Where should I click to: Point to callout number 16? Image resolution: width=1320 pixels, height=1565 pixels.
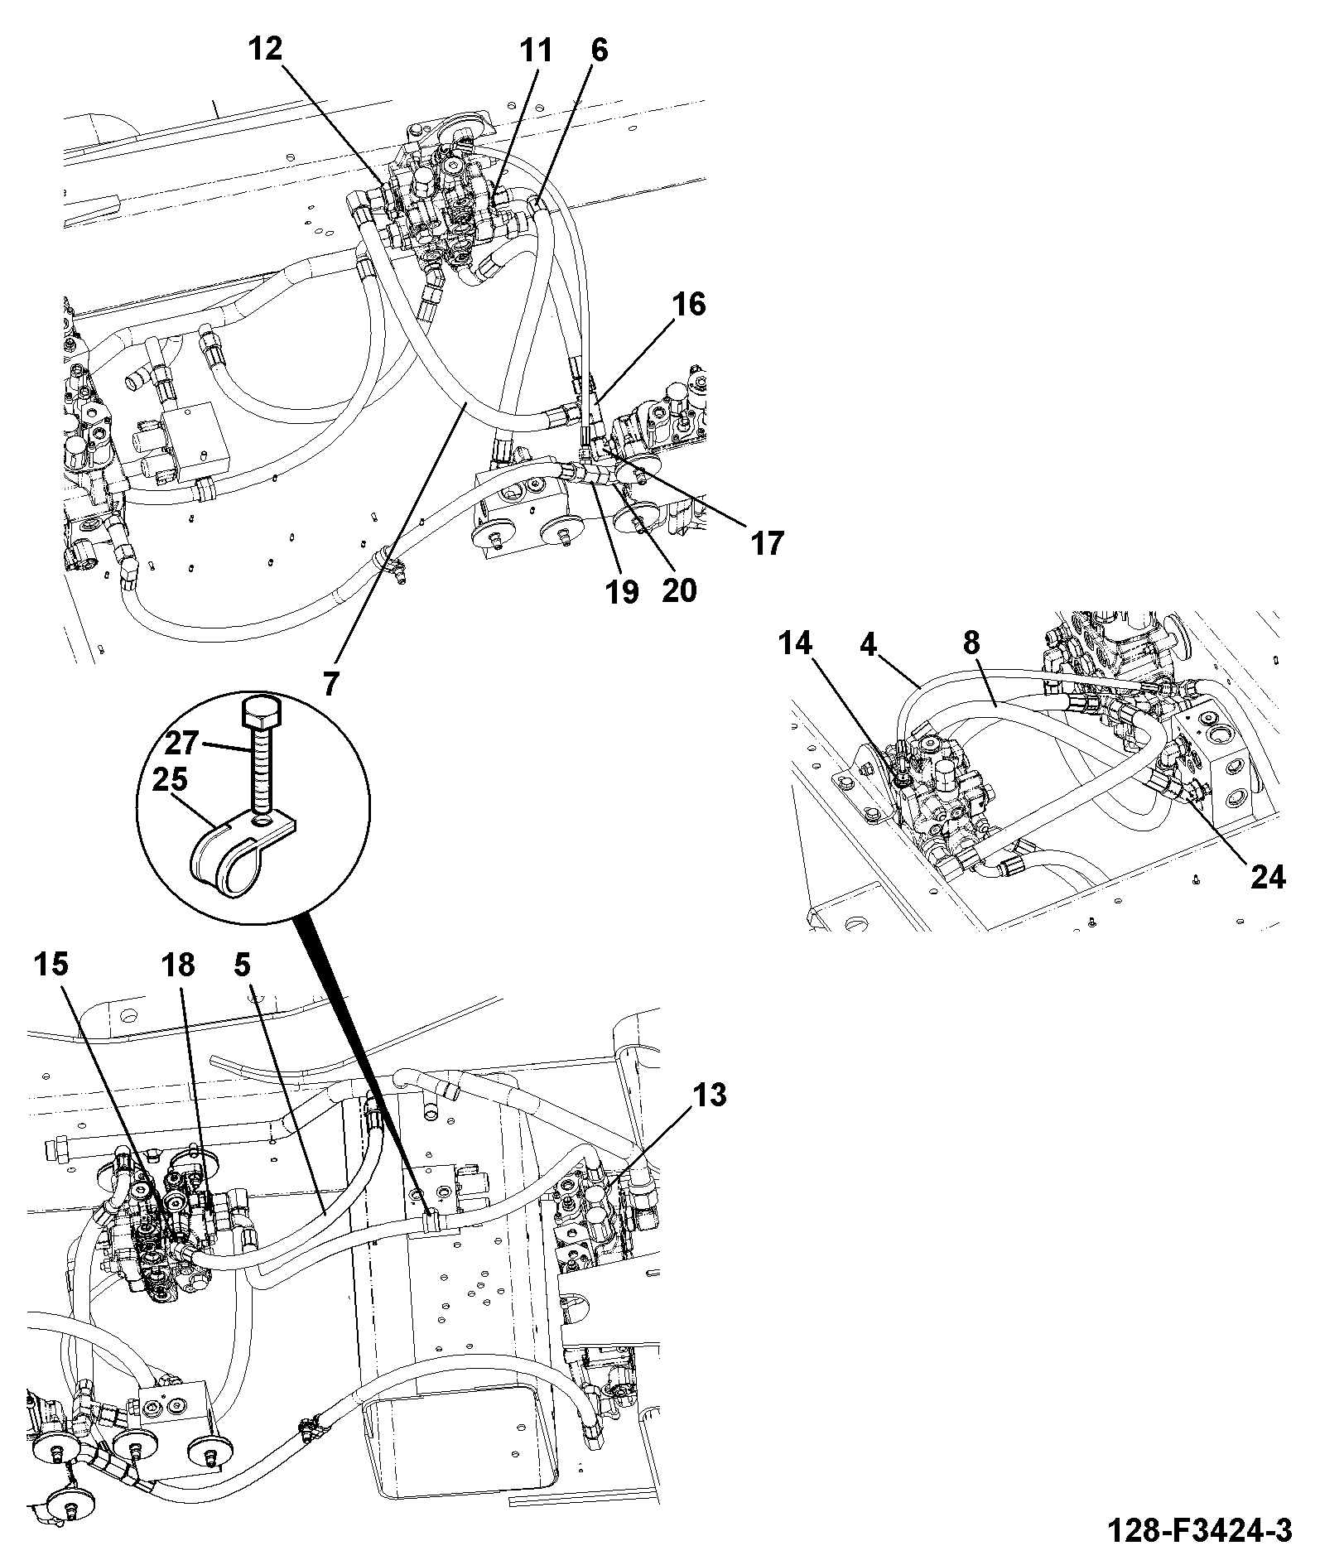pyautogui.click(x=688, y=305)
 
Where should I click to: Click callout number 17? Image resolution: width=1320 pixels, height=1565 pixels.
pyautogui.click(x=767, y=543)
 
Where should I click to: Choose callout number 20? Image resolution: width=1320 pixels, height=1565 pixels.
pyautogui.click(x=679, y=590)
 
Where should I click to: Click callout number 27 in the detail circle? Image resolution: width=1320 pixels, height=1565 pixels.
pyautogui.click(x=182, y=743)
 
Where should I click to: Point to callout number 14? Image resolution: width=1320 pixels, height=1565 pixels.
pyautogui.click(x=795, y=643)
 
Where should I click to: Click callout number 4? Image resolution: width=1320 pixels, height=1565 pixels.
pyautogui.click(x=867, y=643)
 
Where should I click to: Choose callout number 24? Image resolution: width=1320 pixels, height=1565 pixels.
pyautogui.click(x=1268, y=876)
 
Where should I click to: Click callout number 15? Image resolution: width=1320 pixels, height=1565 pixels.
pyautogui.click(x=51, y=965)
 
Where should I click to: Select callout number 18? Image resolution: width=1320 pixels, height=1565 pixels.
pyautogui.click(x=177, y=965)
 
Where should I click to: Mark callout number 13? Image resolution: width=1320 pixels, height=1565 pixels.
pyautogui.click(x=708, y=1095)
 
